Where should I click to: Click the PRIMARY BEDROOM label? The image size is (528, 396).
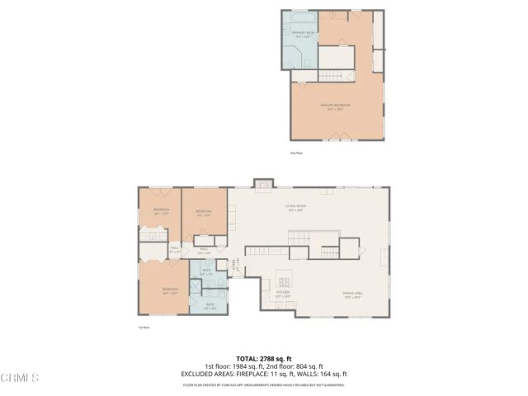point(336,105)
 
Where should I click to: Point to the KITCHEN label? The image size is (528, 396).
point(281,291)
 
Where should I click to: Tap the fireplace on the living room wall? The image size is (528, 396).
point(262,183)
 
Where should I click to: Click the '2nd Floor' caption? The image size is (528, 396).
point(296,153)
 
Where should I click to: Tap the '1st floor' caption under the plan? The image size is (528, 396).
point(144,328)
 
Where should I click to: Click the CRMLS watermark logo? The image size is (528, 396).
point(20,377)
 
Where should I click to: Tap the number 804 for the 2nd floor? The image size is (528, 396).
point(303,366)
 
